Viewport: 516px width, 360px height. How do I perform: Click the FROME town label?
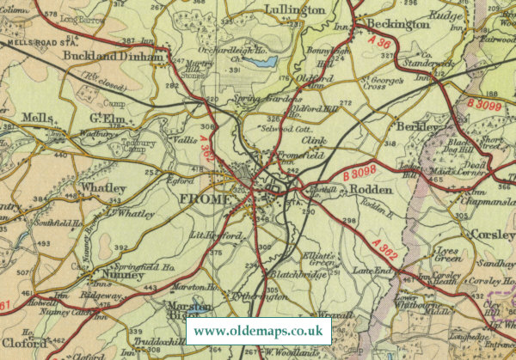203,198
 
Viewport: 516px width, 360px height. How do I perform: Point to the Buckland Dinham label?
113,58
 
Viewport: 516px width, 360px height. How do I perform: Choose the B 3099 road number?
487,105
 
